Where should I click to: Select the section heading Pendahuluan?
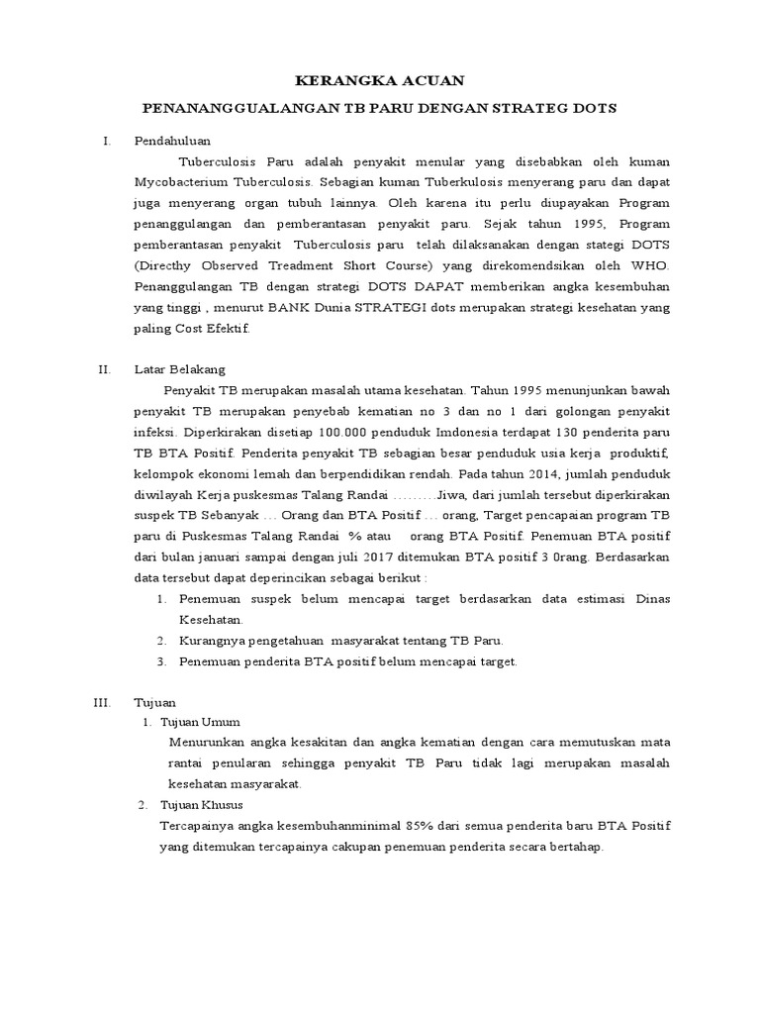pos(173,142)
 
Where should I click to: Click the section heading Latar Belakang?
pos(180,369)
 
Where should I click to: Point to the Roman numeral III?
pos(102,701)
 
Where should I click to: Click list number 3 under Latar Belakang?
pos(162,660)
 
